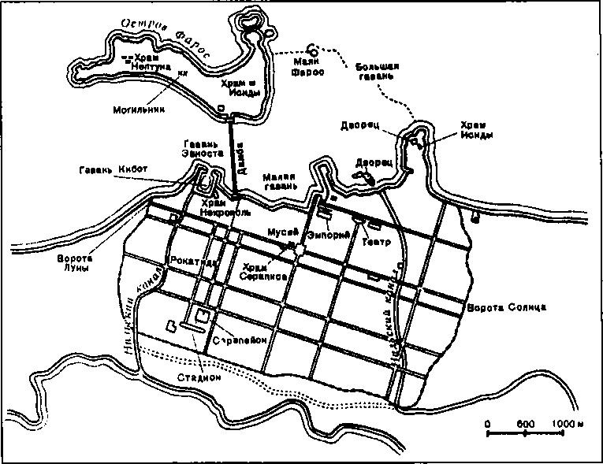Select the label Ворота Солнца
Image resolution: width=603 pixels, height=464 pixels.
501,306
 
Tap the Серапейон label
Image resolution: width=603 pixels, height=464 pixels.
243,340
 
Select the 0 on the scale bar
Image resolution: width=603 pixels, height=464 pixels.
487,424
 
